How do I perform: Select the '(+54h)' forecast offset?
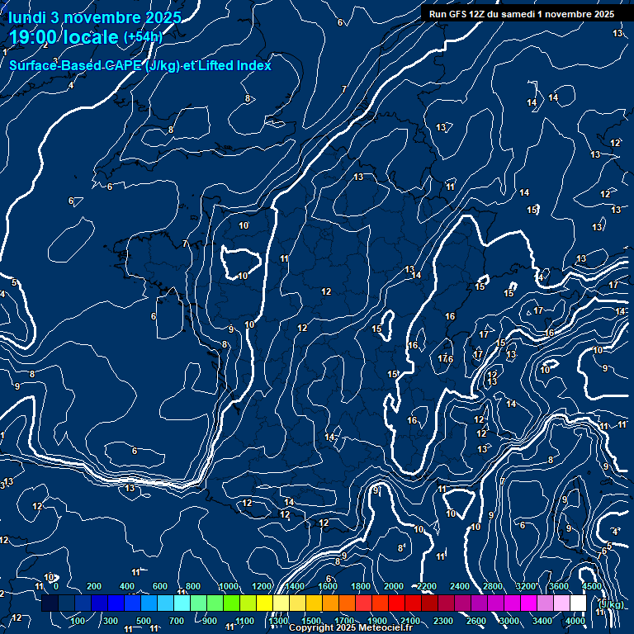[x=143, y=37]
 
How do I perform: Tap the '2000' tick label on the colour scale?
[x=394, y=586]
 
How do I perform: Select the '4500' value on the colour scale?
[x=591, y=586]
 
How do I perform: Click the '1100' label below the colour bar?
[x=244, y=621]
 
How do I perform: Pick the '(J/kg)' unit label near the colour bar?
[x=611, y=605]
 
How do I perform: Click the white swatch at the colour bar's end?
[x=578, y=603]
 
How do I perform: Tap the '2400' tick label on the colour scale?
[x=460, y=586]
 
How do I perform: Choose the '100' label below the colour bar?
[x=78, y=621]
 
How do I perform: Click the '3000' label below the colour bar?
[x=509, y=621]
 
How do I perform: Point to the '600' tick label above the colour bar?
[x=160, y=586]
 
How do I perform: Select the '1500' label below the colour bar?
[x=310, y=621]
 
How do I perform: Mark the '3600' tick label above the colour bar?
[x=559, y=586]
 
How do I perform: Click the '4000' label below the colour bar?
[x=575, y=621]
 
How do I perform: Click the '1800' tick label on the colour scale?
[x=361, y=586]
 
